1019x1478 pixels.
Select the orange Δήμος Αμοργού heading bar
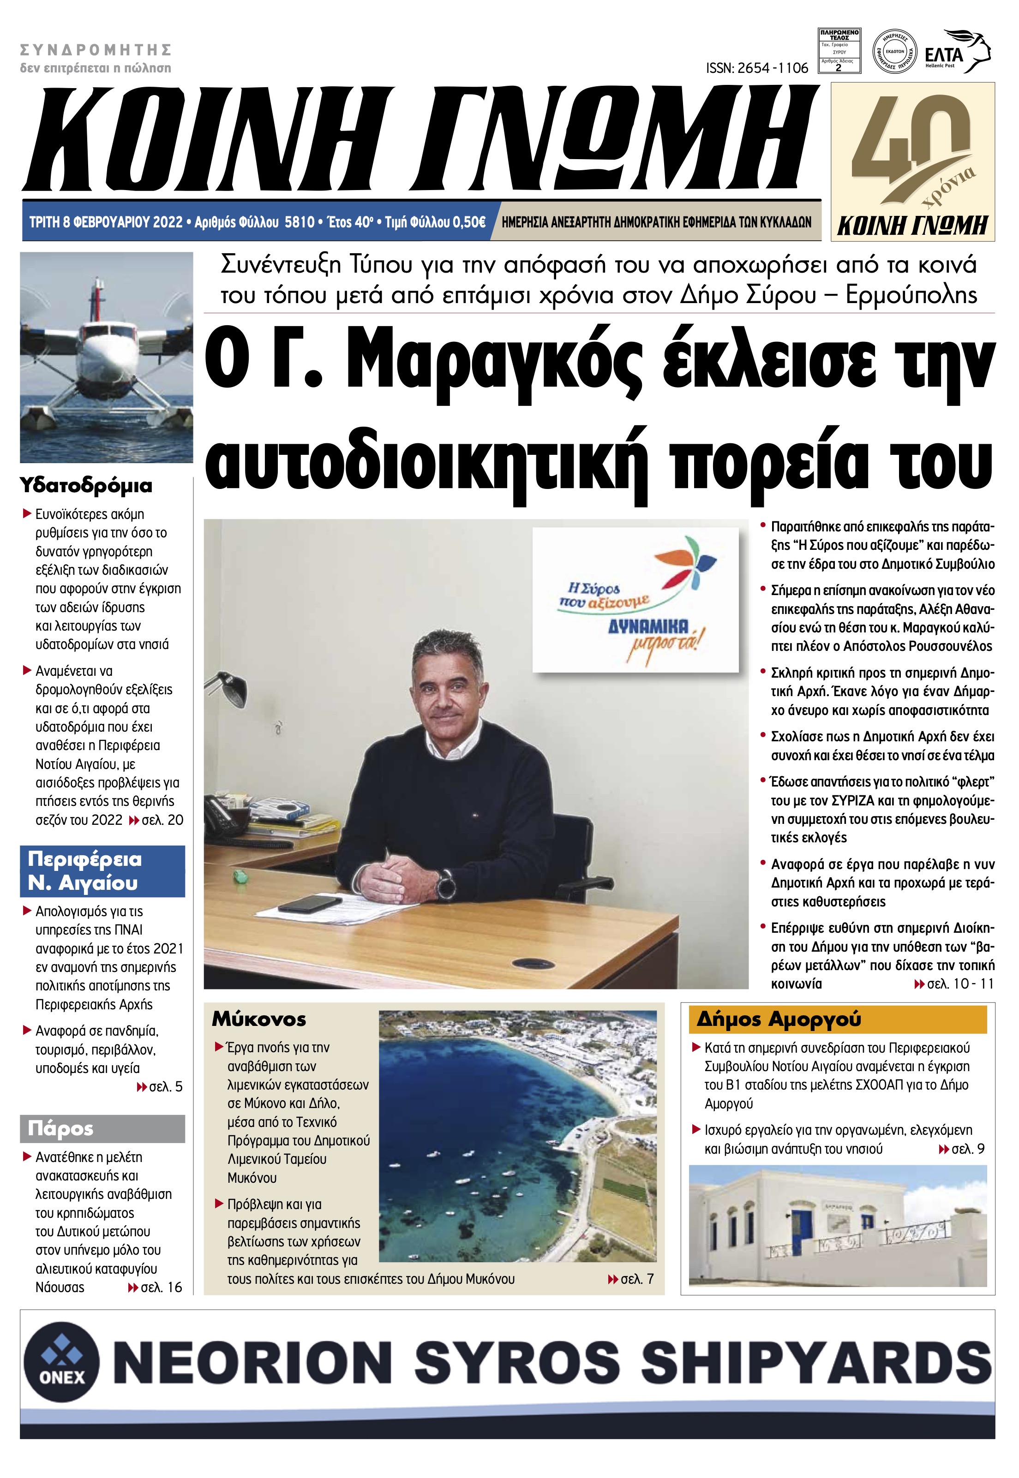(x=837, y=1019)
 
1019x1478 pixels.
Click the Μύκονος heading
(x=259, y=1019)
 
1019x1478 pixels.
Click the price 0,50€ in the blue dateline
(x=468, y=222)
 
